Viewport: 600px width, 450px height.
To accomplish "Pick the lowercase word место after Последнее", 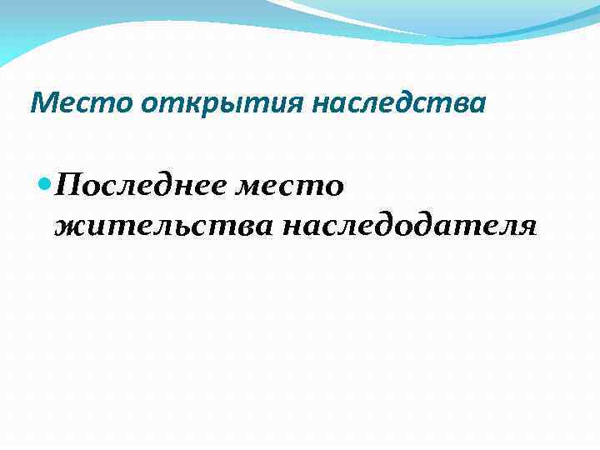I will pyautogui.click(x=292, y=183).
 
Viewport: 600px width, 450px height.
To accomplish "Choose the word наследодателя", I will pyautogui.click(x=409, y=224).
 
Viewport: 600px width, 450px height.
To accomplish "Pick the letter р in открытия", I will pyautogui.click(x=184, y=106).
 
